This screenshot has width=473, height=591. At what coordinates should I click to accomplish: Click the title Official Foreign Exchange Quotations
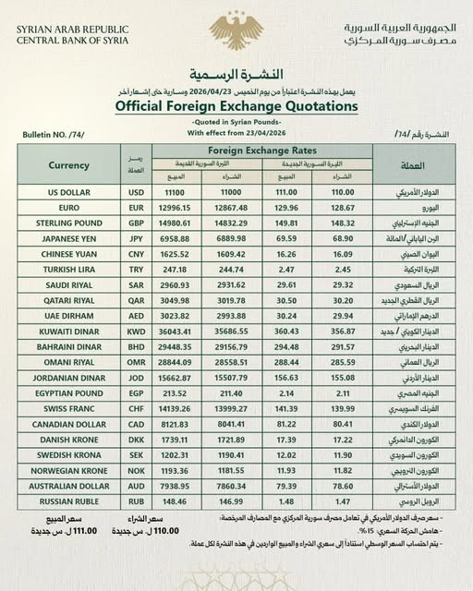[236, 107]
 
